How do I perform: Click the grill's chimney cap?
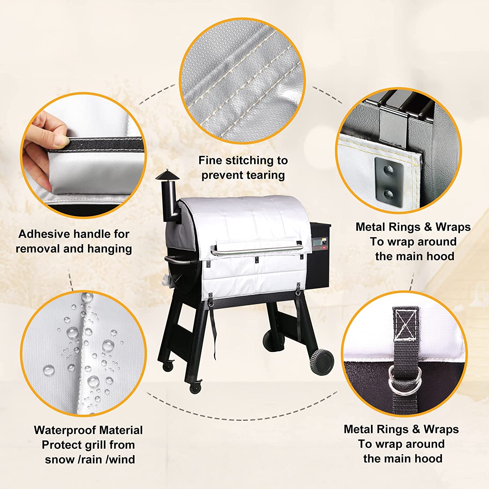pyautogui.click(x=167, y=175)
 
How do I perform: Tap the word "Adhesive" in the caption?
pyautogui.click(x=39, y=234)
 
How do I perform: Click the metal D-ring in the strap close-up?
pyautogui.click(x=404, y=380)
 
